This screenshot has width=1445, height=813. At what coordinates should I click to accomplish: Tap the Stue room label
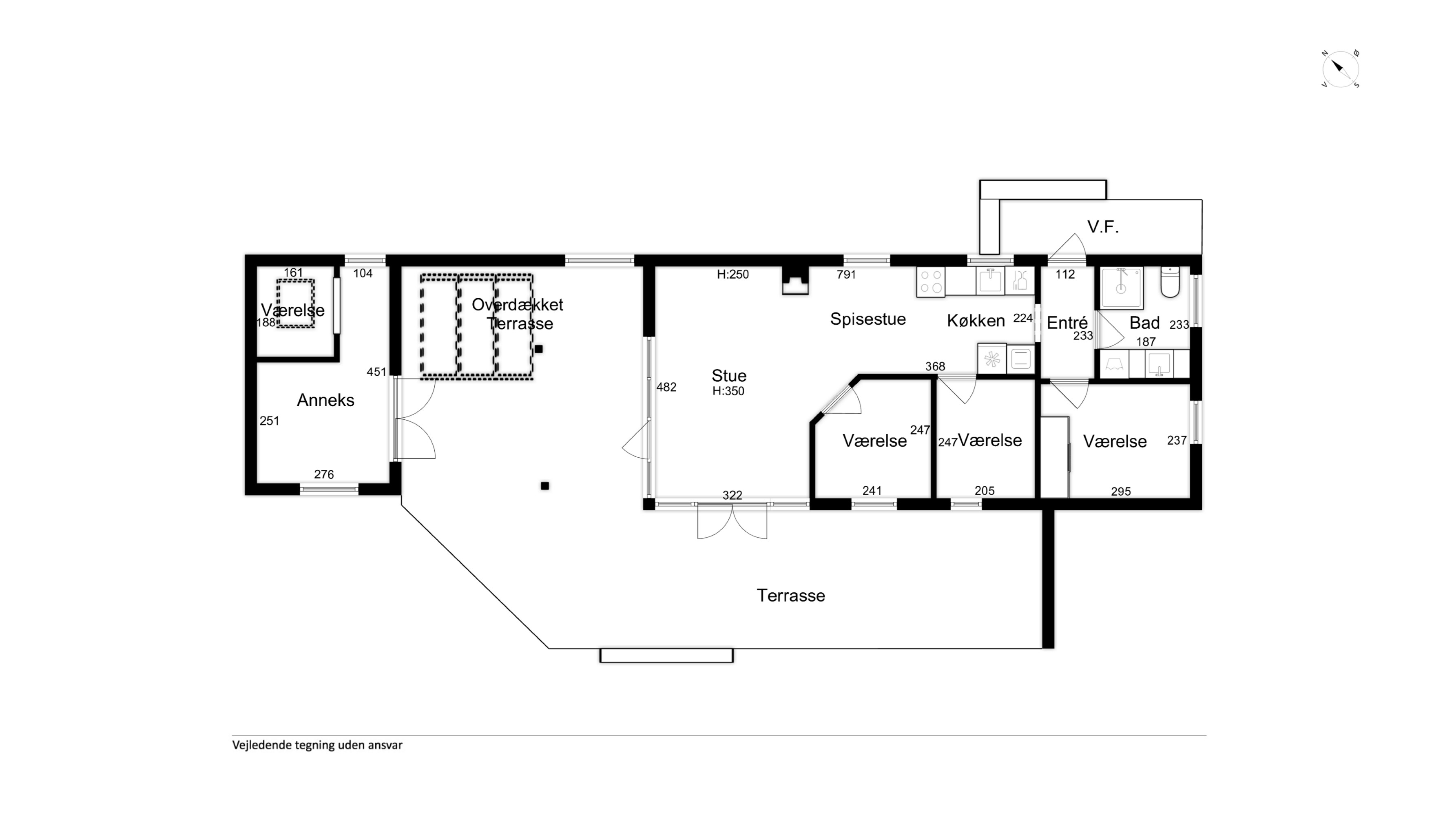[729, 375]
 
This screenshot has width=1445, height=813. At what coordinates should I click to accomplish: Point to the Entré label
[1067, 323]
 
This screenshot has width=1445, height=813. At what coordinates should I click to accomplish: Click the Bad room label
[1144, 323]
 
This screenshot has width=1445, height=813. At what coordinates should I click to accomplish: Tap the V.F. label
[1103, 227]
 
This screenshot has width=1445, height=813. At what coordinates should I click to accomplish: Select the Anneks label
[325, 400]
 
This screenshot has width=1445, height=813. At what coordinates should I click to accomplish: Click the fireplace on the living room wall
[795, 281]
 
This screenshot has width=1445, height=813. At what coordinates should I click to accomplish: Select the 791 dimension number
[846, 275]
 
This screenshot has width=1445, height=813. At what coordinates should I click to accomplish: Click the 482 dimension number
[666, 387]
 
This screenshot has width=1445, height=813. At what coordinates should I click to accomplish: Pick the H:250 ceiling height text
[732, 275]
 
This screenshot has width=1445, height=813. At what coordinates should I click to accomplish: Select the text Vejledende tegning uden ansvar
[317, 745]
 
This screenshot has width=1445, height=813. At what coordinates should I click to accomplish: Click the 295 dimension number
[1121, 492]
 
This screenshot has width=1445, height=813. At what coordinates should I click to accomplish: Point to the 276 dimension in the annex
[324, 475]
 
